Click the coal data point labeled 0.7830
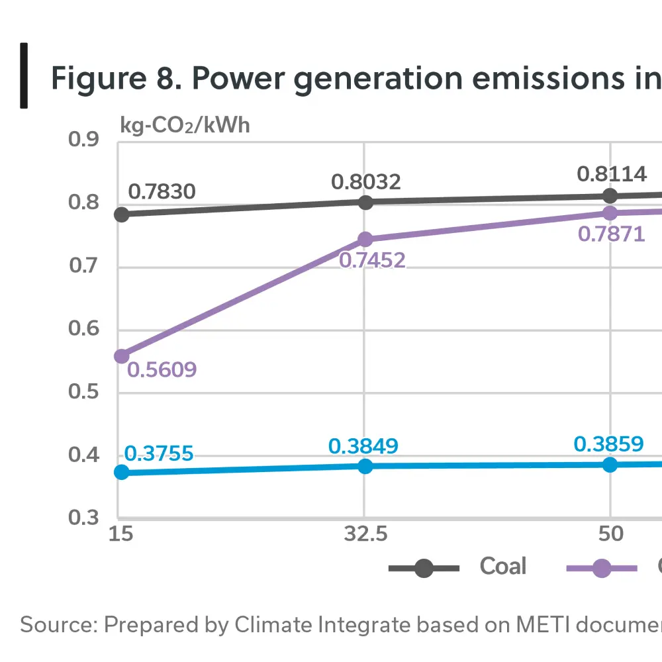pos(121,214)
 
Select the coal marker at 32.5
pos(365,202)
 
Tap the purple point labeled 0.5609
pos(121,356)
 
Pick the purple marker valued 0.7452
pos(365,239)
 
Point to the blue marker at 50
pos(610,465)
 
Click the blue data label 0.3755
pos(159,453)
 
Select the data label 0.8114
pos(612,174)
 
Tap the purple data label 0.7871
pos(612,234)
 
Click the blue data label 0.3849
pos(363,446)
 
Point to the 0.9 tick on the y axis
pos(83,140)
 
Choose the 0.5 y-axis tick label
pos(83,392)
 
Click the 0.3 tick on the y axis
pos(83,518)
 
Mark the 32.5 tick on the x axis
pos(365,534)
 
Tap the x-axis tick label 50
pos(610,534)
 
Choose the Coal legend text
pos(503,567)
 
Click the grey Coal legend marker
pos(424,568)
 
